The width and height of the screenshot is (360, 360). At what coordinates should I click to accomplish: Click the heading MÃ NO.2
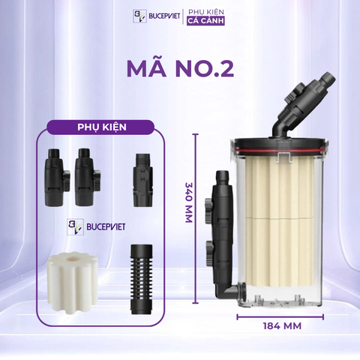180,68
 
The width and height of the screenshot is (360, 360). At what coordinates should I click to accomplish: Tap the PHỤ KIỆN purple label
100,127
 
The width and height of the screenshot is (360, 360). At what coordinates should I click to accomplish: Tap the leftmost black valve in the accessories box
53,178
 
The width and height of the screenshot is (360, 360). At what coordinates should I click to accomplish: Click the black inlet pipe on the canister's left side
221,217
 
